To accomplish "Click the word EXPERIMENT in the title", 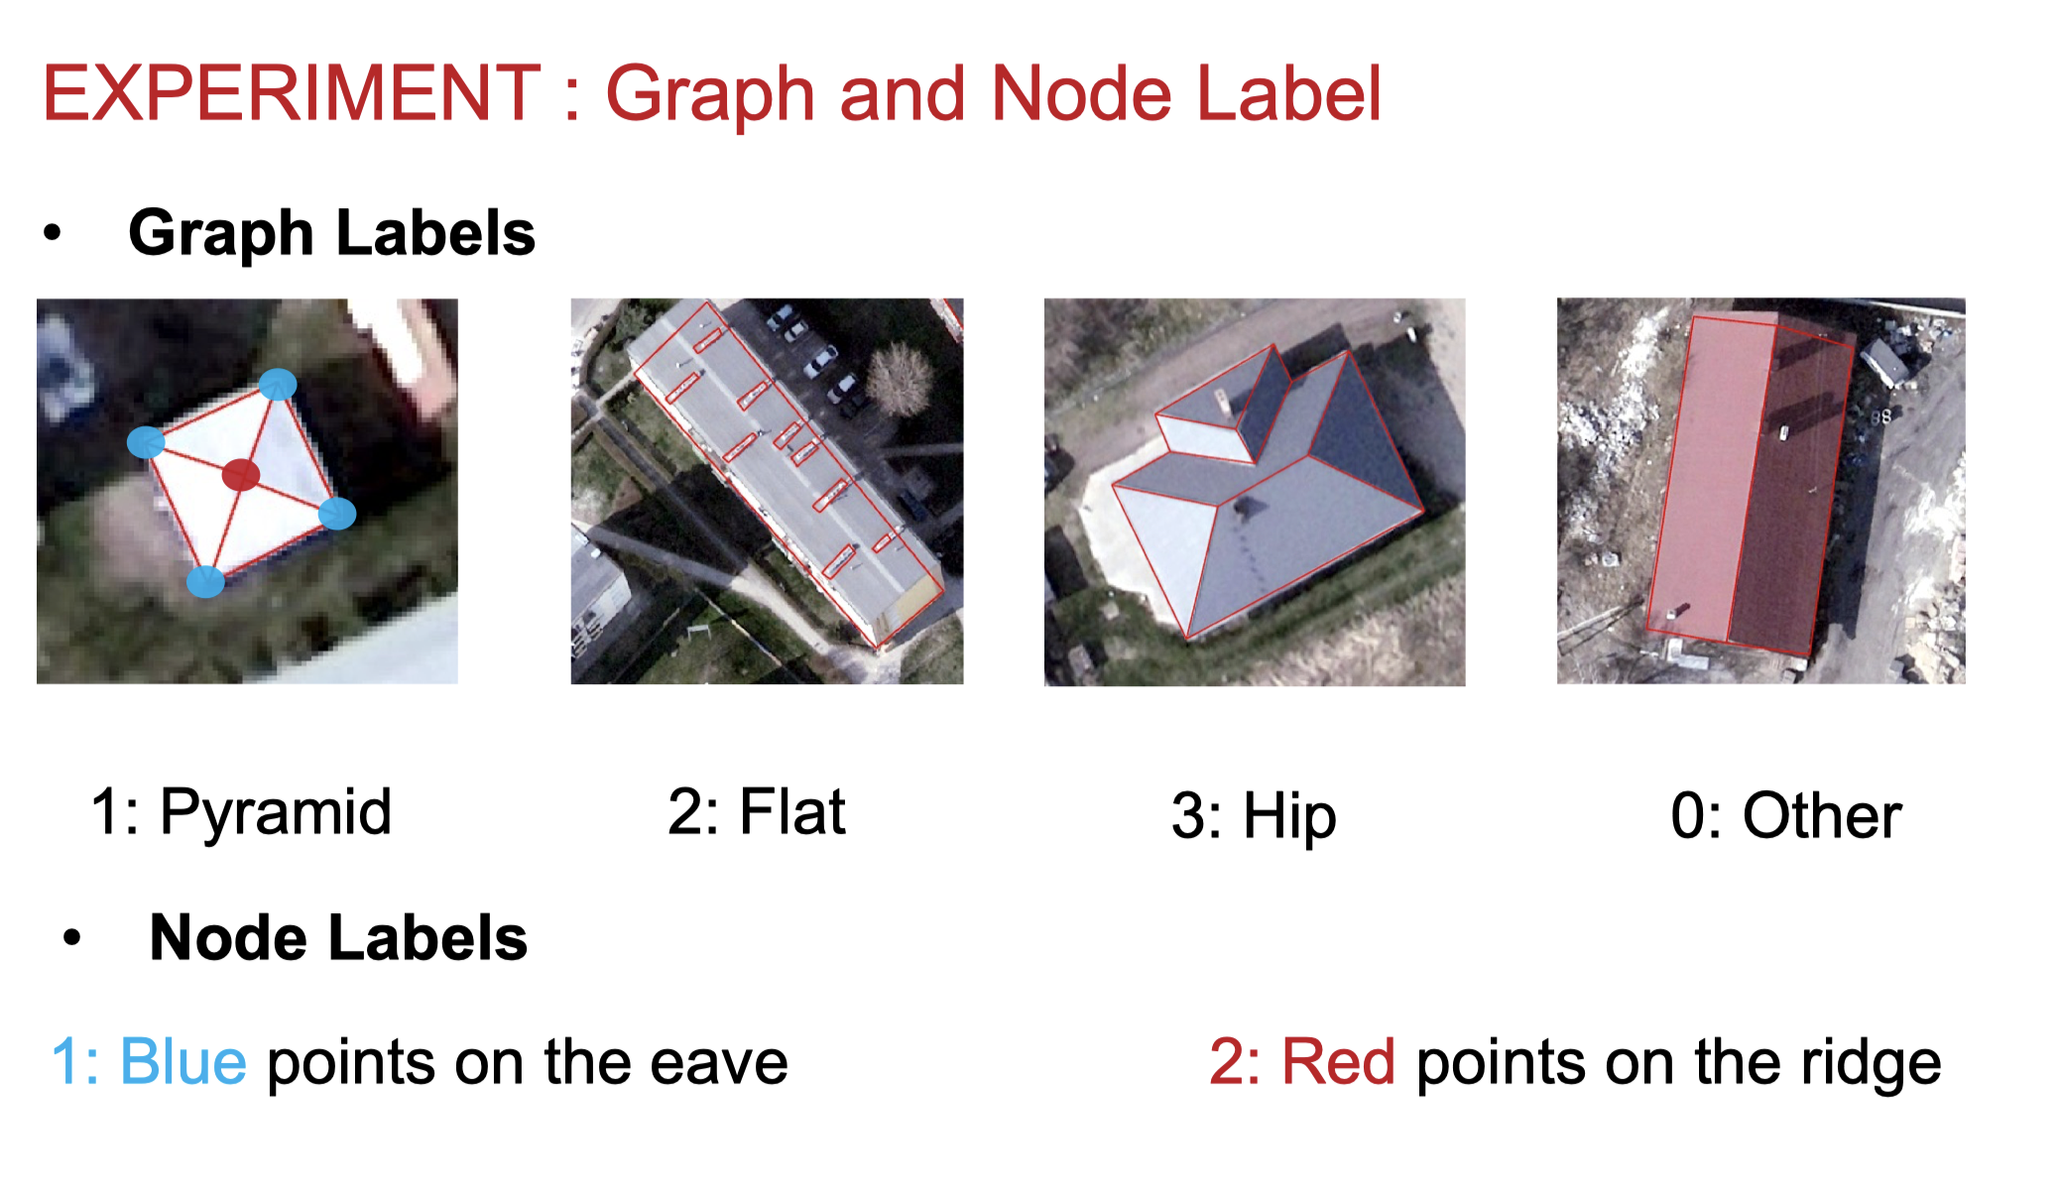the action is point(292,93).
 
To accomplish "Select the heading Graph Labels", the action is point(332,234).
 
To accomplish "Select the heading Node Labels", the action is point(338,938).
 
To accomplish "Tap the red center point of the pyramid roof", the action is point(240,475).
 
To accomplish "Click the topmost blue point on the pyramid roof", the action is point(278,384).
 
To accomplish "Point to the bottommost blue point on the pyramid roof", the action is point(206,581).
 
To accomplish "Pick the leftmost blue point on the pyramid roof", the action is point(147,442).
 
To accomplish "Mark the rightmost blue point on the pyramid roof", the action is point(337,514).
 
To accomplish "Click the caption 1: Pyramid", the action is point(241,813).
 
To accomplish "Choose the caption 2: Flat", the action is point(757,812).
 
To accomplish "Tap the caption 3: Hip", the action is point(1254,817).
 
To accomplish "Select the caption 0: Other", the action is point(1786,816).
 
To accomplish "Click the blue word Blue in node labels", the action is point(182,1062).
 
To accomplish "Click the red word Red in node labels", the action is point(1338,1062).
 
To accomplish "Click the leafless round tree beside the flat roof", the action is point(900,379).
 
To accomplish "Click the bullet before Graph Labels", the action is point(53,234).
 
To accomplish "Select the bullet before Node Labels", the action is point(72,938).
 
